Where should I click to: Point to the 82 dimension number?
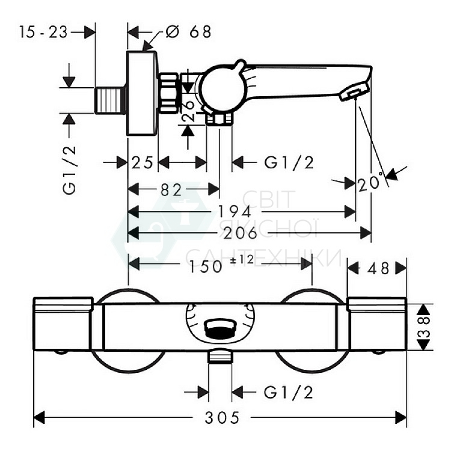tap(171, 190)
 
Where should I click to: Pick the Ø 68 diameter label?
tap(189, 31)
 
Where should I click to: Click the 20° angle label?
tap(369, 182)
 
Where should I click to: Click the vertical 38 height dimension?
tap(425, 327)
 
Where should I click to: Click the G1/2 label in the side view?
tap(290, 163)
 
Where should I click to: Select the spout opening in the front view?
tap(220, 328)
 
